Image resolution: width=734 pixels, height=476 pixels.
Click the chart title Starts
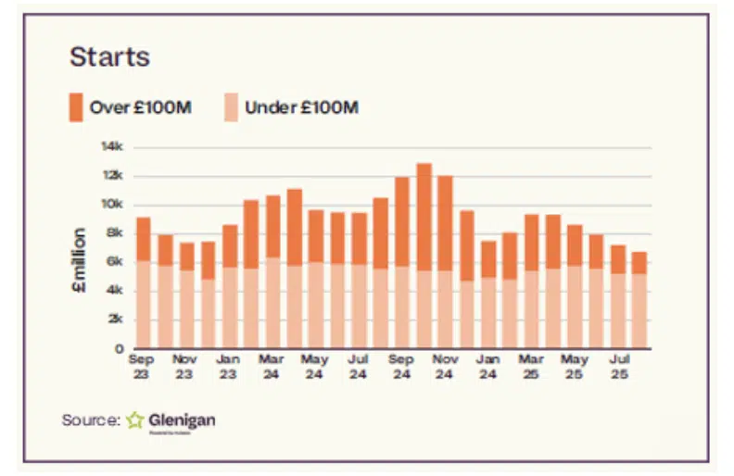[x=109, y=56]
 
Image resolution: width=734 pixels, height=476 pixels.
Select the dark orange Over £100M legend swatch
[x=75, y=106]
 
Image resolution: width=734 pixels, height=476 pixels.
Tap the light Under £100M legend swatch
[x=230, y=106]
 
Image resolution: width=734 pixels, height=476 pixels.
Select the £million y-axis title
[x=80, y=261]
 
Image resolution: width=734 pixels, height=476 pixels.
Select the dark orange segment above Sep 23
[x=143, y=239]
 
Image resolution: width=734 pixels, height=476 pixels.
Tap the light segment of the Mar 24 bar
[x=272, y=302]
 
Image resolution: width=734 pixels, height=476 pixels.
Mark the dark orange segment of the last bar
[x=639, y=262]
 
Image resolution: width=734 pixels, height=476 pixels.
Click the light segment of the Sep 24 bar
[x=402, y=307]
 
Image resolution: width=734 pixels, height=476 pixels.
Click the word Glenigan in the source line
[x=183, y=420]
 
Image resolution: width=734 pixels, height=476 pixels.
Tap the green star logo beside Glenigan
[x=135, y=420]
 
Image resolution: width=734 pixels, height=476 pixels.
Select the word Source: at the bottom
[x=91, y=420]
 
